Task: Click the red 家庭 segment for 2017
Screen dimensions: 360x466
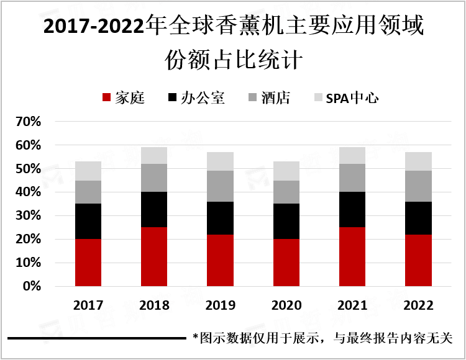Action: pyautogui.click(x=88, y=263)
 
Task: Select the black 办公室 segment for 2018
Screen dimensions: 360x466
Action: pyautogui.click(x=154, y=210)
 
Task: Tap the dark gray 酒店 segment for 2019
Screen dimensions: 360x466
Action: pyautogui.click(x=221, y=186)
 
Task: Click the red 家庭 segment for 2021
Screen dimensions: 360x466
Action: pyautogui.click(x=352, y=257)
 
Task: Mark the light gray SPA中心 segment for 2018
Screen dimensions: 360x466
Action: pyautogui.click(x=154, y=156)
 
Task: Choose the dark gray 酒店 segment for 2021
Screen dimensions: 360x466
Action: pyautogui.click(x=352, y=178)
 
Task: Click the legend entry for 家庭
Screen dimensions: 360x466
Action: pyautogui.click(x=123, y=98)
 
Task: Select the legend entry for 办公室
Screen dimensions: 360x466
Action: pyautogui.click(x=196, y=98)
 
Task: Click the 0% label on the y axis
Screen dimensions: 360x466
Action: pyautogui.click(x=32, y=287)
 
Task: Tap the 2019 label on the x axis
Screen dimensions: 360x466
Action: pyautogui.click(x=221, y=305)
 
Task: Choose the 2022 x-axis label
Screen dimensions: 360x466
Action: pyautogui.click(x=419, y=305)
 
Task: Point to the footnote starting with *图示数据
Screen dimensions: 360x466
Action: pyautogui.click(x=322, y=338)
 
